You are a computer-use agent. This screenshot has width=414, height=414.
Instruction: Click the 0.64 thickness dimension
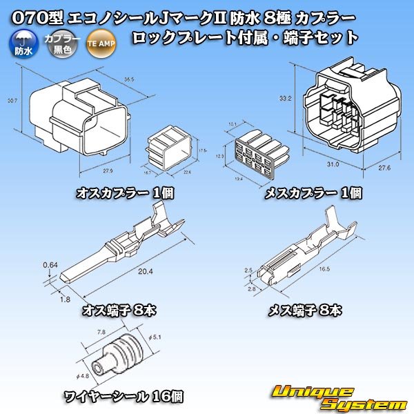pyautogui.click(x=49, y=264)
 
